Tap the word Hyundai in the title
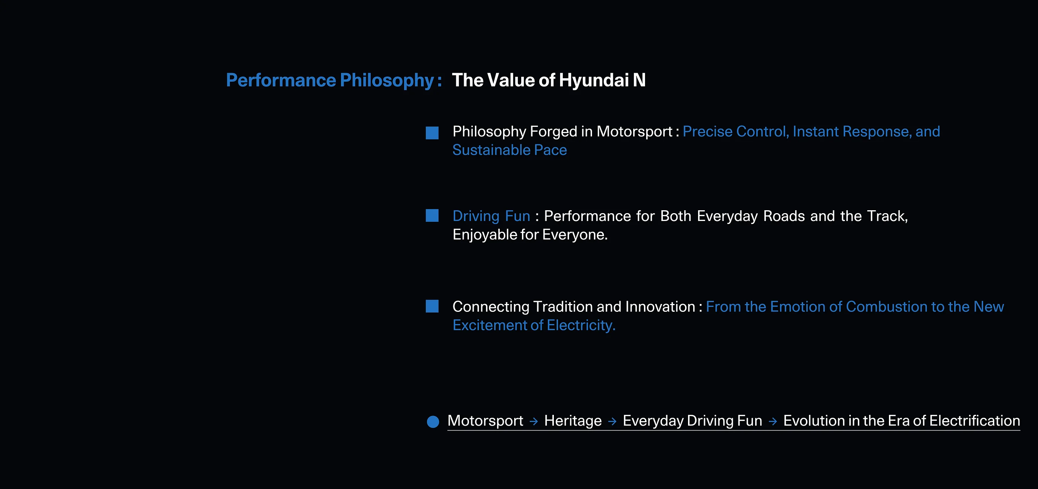coord(594,80)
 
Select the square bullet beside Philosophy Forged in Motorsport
coord(432,133)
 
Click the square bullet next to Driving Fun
coord(432,215)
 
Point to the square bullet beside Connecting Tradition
coord(432,306)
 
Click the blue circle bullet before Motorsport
coord(433,422)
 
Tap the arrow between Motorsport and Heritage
coord(533,421)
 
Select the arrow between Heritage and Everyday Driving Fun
coord(612,421)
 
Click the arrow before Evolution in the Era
coord(773,421)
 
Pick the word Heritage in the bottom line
coord(573,421)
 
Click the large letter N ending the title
coord(639,80)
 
